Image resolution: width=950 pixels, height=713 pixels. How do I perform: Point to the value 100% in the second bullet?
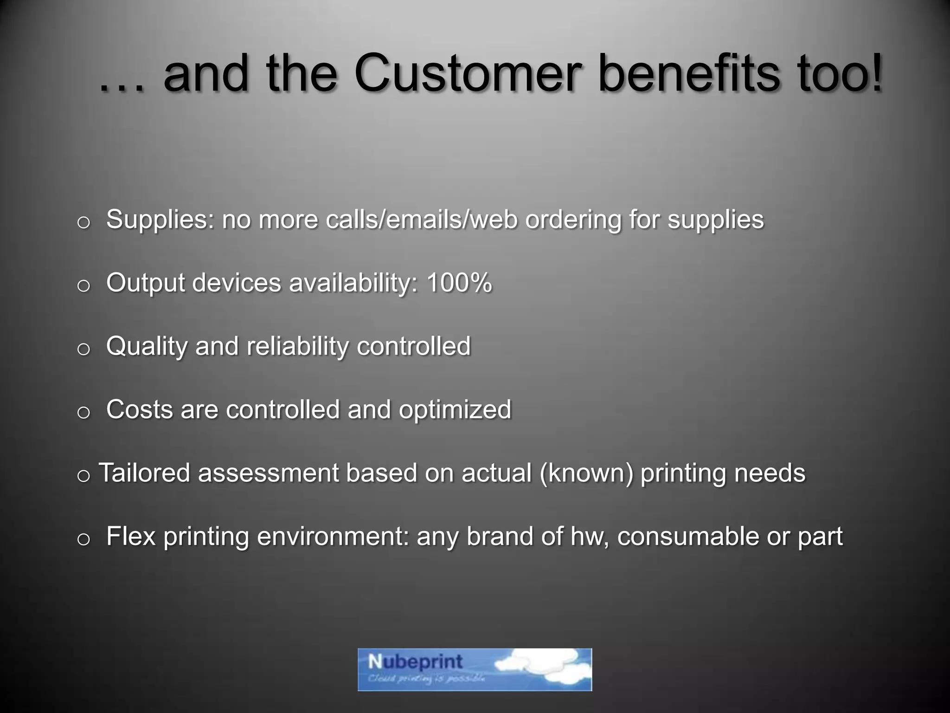[458, 283]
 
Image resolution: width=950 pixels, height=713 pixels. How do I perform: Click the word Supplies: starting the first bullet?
[160, 220]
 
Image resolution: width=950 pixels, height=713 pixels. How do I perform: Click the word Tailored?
[145, 473]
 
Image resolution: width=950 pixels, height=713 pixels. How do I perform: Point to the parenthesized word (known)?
[586, 473]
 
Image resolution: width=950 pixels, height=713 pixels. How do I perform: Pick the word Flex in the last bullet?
[130, 537]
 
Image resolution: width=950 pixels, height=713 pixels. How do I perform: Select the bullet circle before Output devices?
[83, 286]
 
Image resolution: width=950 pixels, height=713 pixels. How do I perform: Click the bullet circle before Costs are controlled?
[83, 413]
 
